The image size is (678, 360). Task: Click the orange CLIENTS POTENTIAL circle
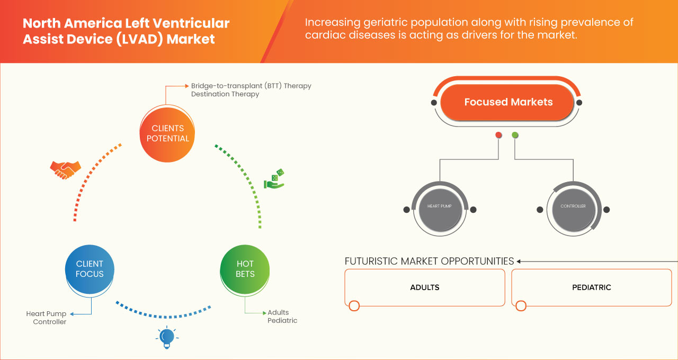coord(167,133)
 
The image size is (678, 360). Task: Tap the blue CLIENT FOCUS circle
coord(90,269)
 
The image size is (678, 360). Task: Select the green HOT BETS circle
coord(245,269)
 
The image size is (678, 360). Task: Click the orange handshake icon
coord(65,169)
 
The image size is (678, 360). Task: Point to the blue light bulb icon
coord(167,337)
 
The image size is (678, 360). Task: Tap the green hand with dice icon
coord(274,179)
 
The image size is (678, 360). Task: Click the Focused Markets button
coord(508,102)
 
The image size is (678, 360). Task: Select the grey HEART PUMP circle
coord(439,206)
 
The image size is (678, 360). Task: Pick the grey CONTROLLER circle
coord(573,206)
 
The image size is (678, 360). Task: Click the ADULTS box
coord(424,287)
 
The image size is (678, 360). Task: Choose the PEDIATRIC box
coord(591,287)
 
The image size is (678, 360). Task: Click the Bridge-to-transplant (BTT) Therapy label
coord(251,86)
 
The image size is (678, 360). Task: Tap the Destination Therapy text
coord(225,94)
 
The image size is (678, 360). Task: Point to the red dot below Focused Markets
coord(498,136)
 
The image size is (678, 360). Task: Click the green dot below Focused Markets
coord(515,136)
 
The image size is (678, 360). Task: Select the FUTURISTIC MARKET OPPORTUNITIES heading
coord(429,261)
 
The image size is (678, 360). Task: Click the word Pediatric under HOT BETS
coord(282,320)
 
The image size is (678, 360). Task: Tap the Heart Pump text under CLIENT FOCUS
coord(47,314)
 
